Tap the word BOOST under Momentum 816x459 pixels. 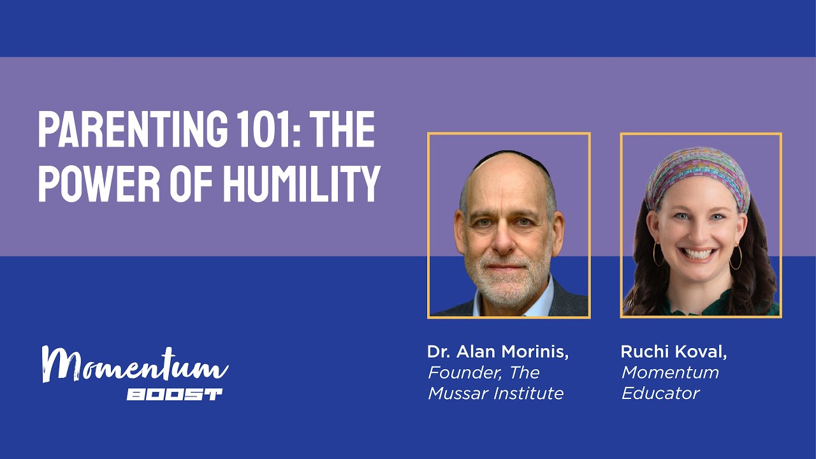click(174, 395)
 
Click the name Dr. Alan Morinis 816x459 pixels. click(498, 352)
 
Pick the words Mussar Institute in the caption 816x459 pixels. click(495, 393)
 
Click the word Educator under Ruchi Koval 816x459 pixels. click(660, 393)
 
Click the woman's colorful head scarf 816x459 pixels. click(697, 173)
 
